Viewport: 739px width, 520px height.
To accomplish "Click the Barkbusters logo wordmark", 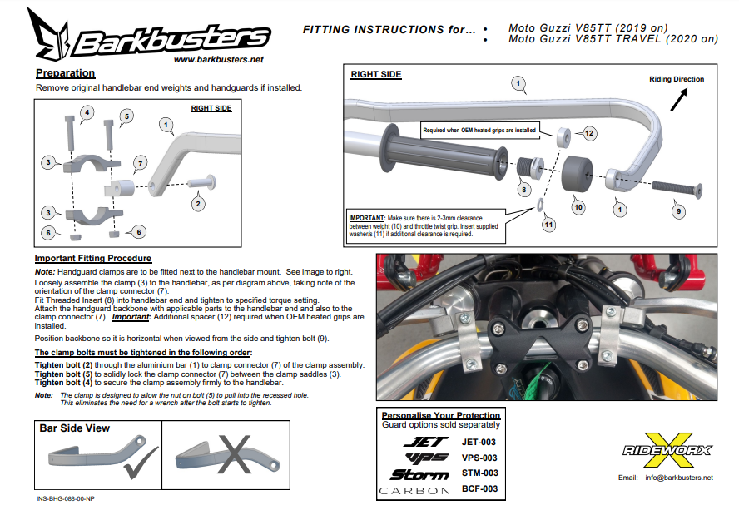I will click(x=171, y=37).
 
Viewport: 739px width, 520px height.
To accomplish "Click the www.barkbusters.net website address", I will click(x=219, y=60).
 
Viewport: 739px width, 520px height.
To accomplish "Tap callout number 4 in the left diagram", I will click(x=87, y=111).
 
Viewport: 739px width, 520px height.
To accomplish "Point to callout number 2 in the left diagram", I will click(x=197, y=203).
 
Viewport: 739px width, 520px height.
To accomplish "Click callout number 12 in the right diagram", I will click(x=588, y=133).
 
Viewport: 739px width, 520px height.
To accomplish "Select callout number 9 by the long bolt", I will click(x=679, y=211).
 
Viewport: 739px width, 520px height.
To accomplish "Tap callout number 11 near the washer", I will click(x=548, y=224).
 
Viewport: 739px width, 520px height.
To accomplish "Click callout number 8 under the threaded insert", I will click(x=524, y=190).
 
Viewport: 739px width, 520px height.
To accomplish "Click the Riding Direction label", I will click(x=676, y=79).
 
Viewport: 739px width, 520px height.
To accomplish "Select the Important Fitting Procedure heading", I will click(x=93, y=258).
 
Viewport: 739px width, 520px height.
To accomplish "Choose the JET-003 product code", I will click(x=479, y=442).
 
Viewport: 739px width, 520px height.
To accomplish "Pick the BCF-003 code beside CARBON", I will click(x=479, y=489).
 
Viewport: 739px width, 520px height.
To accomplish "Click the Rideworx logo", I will click(x=667, y=449).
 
